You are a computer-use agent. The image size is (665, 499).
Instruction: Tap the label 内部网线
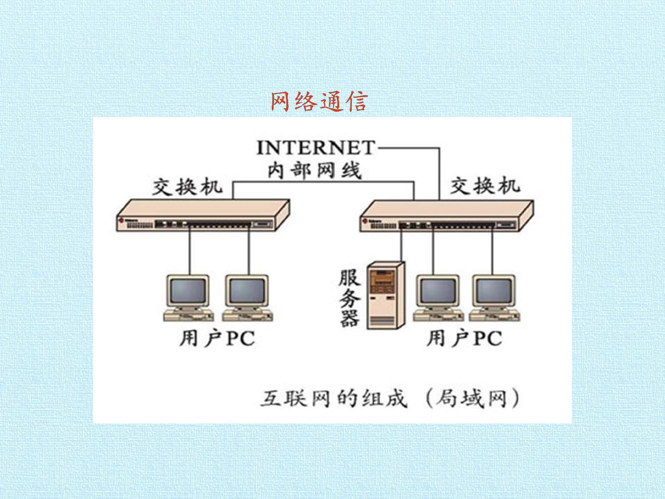coord(314,170)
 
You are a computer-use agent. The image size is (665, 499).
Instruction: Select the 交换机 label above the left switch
coord(187,187)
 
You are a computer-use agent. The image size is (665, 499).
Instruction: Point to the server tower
coord(386,295)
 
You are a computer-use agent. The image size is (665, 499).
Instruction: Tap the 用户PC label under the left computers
coord(217,338)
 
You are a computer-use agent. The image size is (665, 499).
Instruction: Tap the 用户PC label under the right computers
coord(464,338)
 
